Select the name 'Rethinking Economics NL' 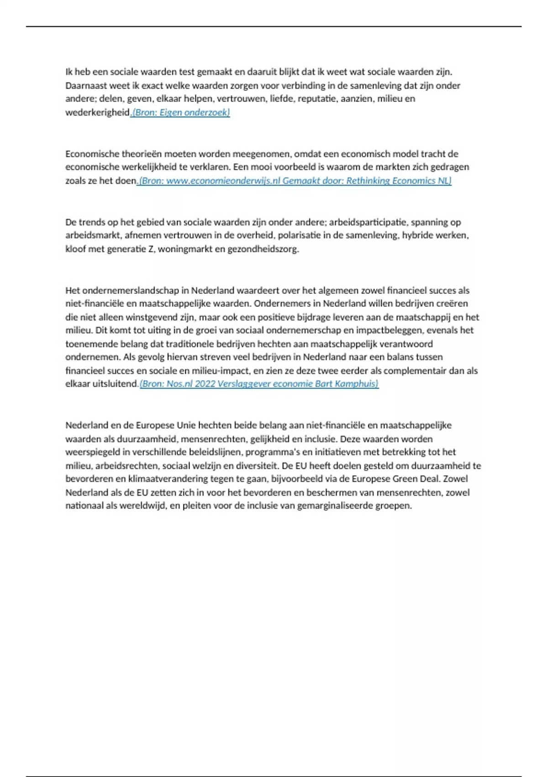[398, 181]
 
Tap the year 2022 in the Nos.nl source [205, 384]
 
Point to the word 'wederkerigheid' [98, 112]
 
